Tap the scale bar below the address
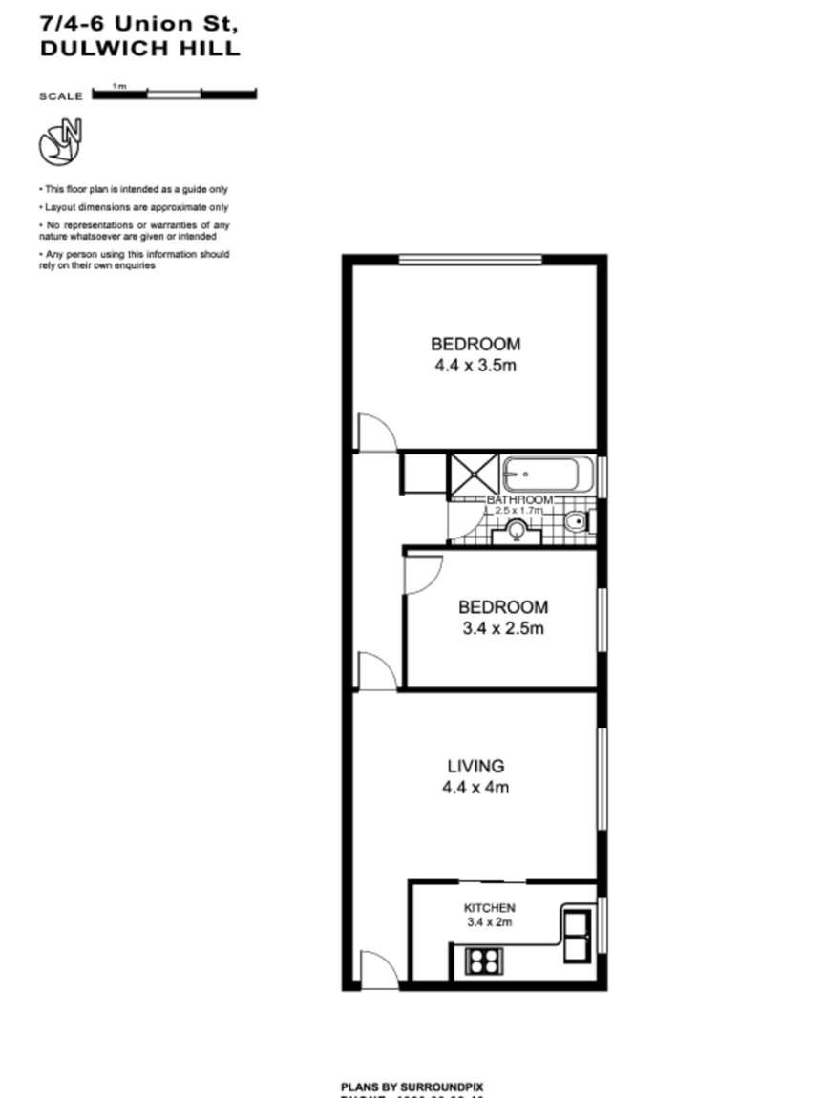click(174, 94)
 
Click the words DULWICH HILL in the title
click(139, 50)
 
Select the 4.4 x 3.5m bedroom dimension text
click(475, 366)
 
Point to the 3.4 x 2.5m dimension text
click(503, 629)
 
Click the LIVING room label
click(475, 766)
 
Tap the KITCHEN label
click(490, 907)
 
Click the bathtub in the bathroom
click(546, 475)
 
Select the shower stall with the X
click(473, 475)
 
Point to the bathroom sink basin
click(517, 531)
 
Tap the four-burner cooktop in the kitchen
click(484, 960)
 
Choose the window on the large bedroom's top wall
click(470, 259)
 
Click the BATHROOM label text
click(519, 500)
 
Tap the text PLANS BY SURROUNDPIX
click(412, 1087)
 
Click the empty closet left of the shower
click(422, 475)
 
